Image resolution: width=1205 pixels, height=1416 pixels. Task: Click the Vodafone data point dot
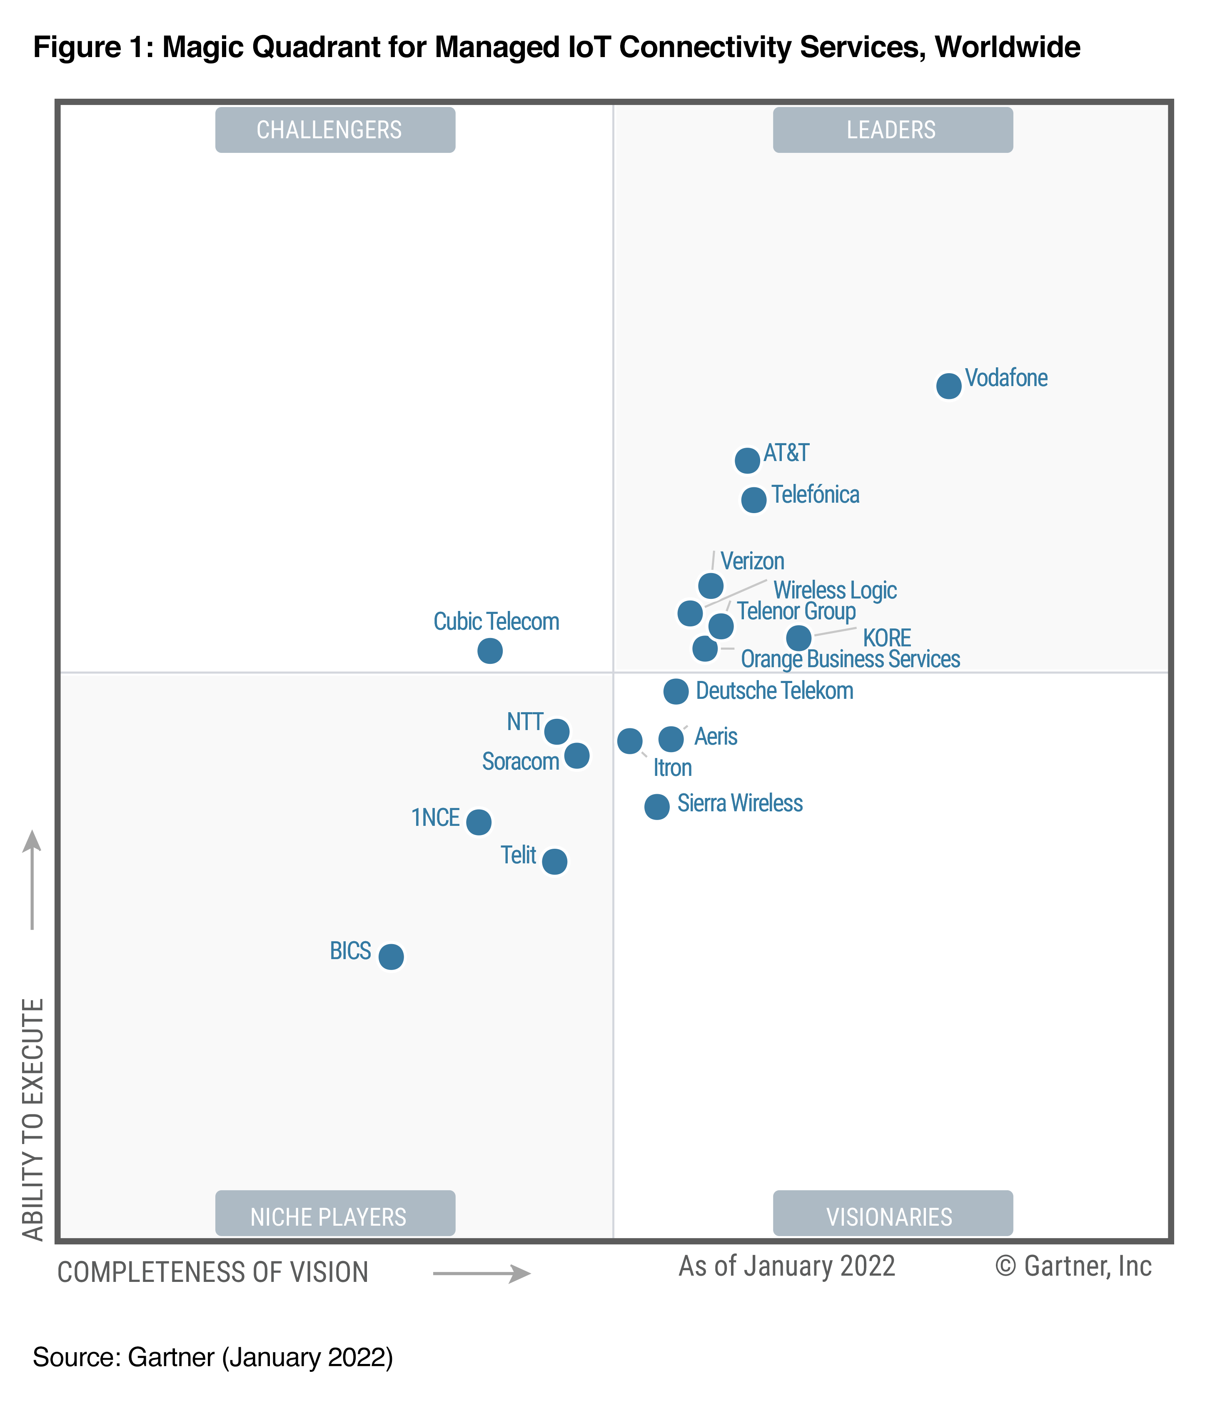tap(948, 386)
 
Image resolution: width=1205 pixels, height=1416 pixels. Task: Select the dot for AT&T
tap(747, 460)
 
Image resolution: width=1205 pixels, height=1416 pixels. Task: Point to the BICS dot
tap(391, 956)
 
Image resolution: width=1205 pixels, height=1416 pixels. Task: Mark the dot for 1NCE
tap(479, 822)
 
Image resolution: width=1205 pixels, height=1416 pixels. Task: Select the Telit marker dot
tap(555, 861)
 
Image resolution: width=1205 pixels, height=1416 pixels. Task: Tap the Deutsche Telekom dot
tap(676, 691)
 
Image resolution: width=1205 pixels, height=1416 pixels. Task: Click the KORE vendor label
tap(887, 638)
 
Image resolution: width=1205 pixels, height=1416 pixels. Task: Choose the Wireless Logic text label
tap(835, 590)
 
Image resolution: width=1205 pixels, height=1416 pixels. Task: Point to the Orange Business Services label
tap(851, 659)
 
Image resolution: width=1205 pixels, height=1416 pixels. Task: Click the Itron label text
tap(673, 768)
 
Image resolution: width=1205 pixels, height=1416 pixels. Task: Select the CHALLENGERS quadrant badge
tap(335, 130)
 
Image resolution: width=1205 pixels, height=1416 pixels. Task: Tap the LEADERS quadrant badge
tap(892, 130)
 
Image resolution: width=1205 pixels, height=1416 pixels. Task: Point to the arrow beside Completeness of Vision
tap(482, 1273)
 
